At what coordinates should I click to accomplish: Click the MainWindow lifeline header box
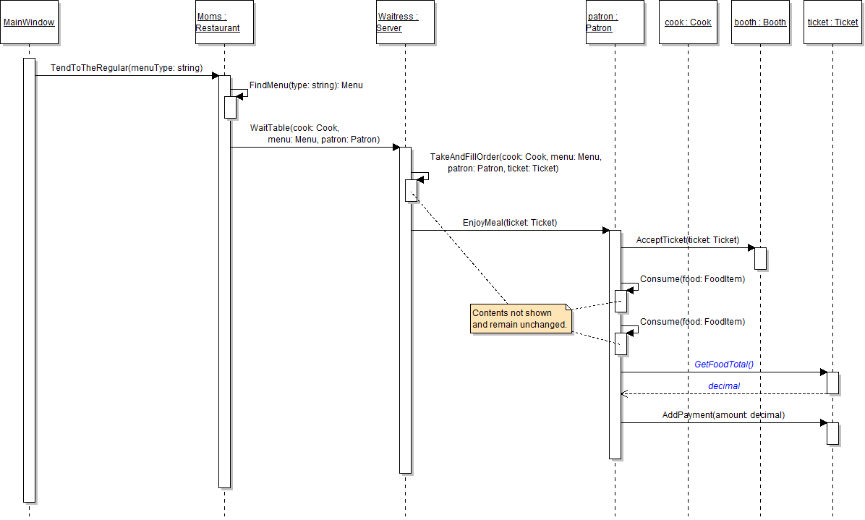29,22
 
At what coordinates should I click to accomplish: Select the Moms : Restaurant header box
224,22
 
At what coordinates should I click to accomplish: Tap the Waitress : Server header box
405,22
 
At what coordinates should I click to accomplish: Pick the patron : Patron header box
615,22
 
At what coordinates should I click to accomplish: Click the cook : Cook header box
688,22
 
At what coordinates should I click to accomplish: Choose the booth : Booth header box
760,22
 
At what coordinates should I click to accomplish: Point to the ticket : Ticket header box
832,22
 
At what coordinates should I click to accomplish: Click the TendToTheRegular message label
127,68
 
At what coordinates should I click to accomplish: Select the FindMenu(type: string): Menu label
306,85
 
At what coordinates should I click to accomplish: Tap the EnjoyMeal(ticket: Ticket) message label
510,223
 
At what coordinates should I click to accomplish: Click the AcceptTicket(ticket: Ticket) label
688,240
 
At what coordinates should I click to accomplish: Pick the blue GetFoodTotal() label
729,365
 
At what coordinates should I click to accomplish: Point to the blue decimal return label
724,386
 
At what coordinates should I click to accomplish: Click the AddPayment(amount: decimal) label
723,415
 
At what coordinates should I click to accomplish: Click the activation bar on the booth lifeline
760,258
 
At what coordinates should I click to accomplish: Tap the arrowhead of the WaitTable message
396,148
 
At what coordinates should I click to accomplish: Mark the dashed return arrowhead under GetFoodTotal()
625,394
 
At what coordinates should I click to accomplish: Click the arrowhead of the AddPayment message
823,423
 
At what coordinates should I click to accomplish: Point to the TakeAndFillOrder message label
516,162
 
